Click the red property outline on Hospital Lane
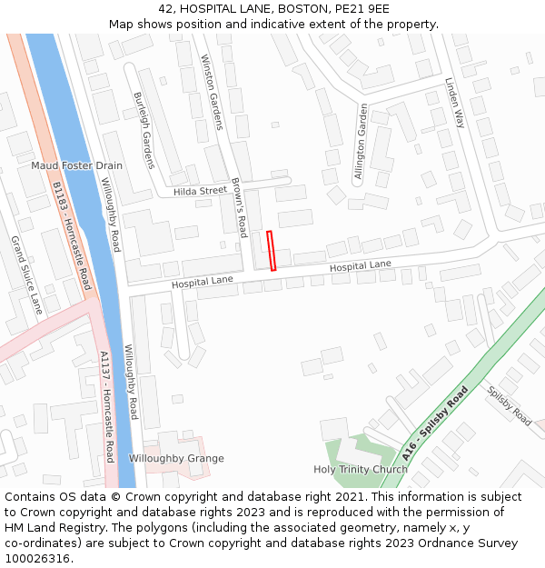click(x=271, y=251)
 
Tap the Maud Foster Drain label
click(x=76, y=166)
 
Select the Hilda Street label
click(x=200, y=191)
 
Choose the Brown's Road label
click(x=239, y=208)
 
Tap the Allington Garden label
click(x=362, y=144)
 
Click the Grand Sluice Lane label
click(x=26, y=275)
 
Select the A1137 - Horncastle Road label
click(x=107, y=406)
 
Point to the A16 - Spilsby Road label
click(x=435, y=424)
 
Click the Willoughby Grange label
click(x=176, y=459)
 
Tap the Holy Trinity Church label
click(x=361, y=470)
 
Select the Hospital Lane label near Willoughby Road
click(x=203, y=283)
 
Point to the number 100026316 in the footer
click(x=37, y=558)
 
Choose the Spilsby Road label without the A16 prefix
click(x=510, y=406)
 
